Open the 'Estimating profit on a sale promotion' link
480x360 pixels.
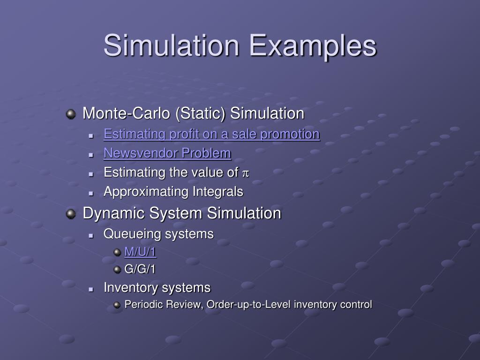tap(211, 134)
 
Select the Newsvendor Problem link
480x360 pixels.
tap(167, 153)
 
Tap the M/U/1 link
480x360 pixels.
tap(140, 252)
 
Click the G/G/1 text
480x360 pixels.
tap(140, 269)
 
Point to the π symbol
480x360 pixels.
tap(245, 173)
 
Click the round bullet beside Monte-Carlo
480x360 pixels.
tap(71, 114)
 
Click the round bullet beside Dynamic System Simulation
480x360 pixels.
tap(71, 214)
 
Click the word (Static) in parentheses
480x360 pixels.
tap(201, 113)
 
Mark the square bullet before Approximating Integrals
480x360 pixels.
tap(92, 192)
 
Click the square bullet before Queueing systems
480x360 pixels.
tap(92, 234)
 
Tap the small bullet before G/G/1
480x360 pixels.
tap(117, 270)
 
